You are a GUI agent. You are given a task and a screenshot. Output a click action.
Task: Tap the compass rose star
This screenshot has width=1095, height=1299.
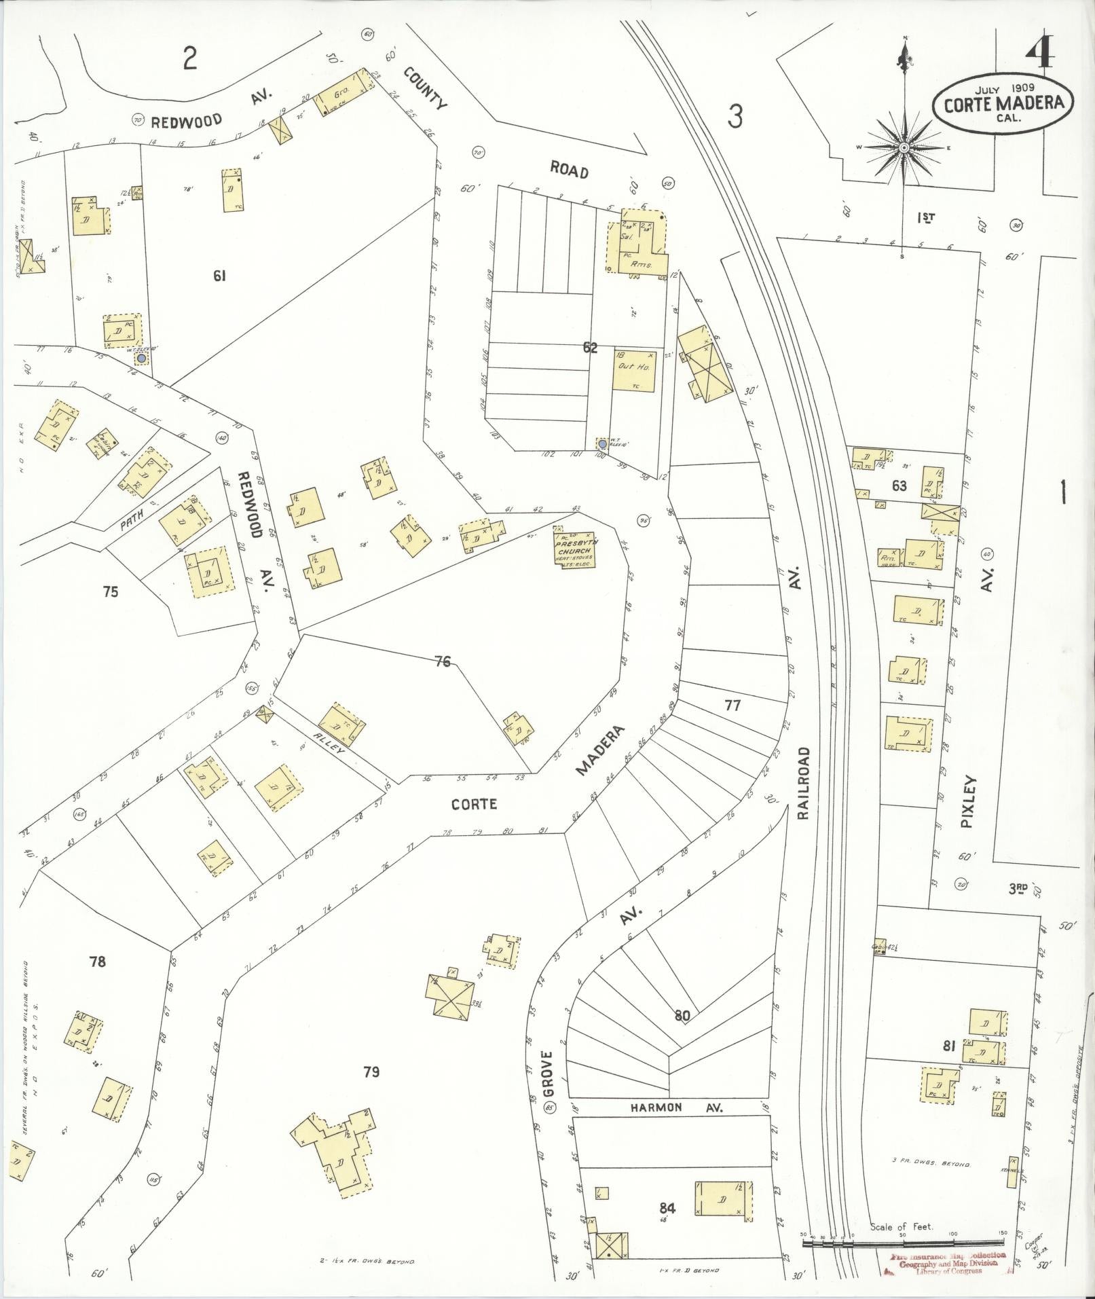904,147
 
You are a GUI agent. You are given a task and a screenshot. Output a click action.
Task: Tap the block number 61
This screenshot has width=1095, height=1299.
219,276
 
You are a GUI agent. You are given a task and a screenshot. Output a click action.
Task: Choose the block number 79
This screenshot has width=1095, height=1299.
371,1072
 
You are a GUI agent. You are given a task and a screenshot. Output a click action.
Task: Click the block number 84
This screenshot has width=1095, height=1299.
667,1207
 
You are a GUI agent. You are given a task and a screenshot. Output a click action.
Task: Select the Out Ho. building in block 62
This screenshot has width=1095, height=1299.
634,371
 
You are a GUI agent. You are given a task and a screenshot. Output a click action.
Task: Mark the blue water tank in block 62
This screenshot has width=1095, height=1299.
602,444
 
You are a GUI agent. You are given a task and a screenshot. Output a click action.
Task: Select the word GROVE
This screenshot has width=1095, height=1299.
549,1074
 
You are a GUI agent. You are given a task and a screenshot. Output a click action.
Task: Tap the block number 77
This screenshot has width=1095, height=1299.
732,706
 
